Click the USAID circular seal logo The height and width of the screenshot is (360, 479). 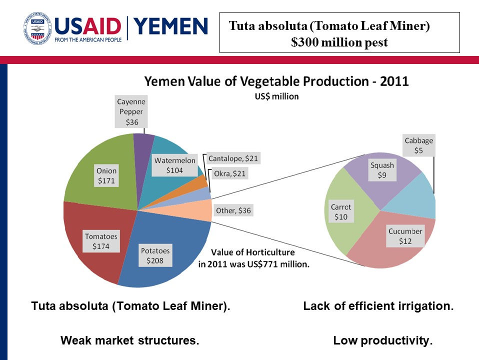37,28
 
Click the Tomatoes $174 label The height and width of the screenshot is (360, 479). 101,241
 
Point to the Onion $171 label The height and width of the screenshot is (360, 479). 106,176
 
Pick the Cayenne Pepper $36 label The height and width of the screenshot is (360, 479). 131,111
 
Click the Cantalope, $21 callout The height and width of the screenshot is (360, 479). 233,158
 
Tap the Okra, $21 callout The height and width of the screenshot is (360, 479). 229,173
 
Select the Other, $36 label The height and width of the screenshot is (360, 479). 233,210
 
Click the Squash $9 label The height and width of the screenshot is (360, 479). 382,170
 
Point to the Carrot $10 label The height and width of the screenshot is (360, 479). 341,211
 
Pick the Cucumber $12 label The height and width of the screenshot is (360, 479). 405,236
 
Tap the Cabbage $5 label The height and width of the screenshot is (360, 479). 418,145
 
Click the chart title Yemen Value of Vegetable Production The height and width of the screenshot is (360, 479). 276,81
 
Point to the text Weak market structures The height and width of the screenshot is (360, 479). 130,341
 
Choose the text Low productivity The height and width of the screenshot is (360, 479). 382,341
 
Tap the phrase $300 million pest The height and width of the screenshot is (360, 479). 339,42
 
